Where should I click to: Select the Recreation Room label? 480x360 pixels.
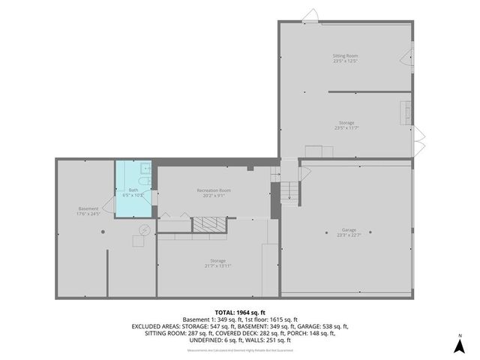point(214,193)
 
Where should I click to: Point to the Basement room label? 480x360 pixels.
point(88,210)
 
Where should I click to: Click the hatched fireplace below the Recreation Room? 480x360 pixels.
point(208,224)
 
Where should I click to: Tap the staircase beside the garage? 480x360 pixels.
point(289,192)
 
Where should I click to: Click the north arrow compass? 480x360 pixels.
point(460,344)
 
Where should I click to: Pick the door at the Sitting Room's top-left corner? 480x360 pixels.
point(310,15)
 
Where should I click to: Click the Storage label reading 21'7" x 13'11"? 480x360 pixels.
point(217,263)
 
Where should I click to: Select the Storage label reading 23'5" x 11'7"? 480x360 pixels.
point(345,125)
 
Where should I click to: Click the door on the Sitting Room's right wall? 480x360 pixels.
point(412,58)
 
